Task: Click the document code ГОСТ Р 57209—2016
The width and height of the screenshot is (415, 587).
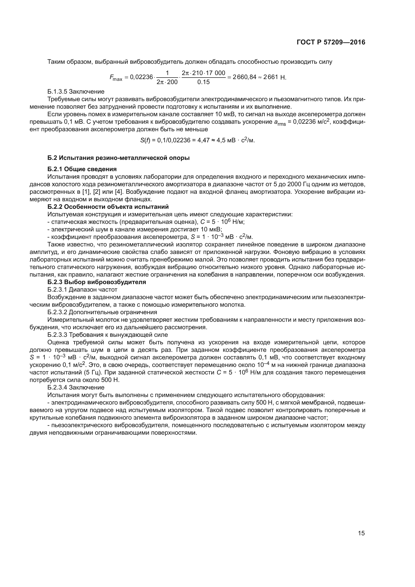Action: click(331, 42)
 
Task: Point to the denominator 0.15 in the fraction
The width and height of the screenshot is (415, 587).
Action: click(203, 82)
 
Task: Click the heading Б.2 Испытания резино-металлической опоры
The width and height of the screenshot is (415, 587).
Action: click(119, 158)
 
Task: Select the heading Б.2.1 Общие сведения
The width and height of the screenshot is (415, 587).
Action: click(82, 169)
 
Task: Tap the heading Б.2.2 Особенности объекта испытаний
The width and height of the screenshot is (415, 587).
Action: click(108, 207)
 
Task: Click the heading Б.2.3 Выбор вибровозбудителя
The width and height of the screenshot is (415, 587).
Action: click(97, 282)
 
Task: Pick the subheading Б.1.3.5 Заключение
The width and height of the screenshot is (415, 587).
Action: click(76, 92)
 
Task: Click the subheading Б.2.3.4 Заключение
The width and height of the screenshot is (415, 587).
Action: click(76, 387)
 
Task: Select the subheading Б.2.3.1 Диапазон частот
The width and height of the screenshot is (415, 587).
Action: click(82, 290)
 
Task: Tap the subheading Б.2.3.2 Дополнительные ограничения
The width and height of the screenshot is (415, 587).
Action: click(102, 312)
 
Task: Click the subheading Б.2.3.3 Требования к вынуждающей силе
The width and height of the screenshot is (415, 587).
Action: click(108, 335)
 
